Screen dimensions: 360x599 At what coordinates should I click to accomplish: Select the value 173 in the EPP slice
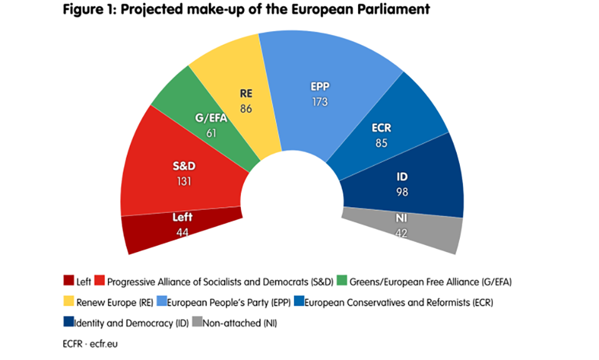(x=320, y=102)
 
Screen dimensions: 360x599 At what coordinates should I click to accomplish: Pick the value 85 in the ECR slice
(x=381, y=143)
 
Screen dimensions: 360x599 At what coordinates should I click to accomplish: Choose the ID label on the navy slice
(x=402, y=177)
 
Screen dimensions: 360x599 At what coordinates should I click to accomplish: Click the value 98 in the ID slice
(x=402, y=192)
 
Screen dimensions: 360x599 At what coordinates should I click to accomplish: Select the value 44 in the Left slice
(x=182, y=232)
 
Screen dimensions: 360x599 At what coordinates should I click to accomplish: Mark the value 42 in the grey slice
(x=401, y=233)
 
